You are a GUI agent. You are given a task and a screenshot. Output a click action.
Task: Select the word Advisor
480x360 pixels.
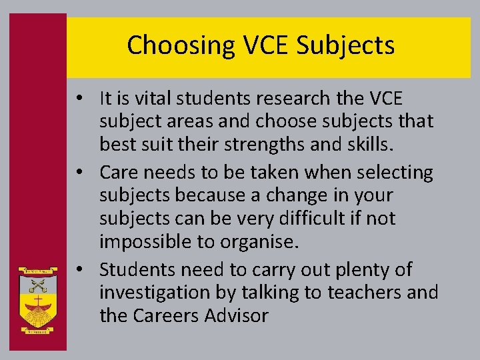(x=235, y=315)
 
